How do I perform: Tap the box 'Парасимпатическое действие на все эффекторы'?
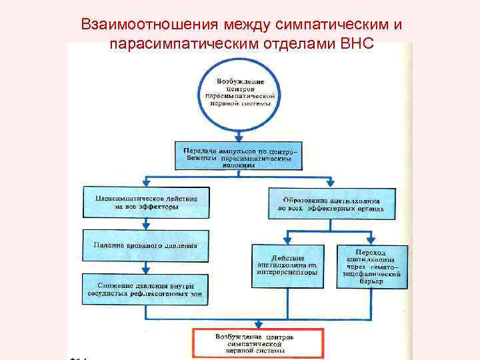(145, 202)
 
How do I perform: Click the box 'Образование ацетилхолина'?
(331, 203)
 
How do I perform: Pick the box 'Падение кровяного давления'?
(146, 245)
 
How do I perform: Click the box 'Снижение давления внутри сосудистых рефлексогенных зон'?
(146, 289)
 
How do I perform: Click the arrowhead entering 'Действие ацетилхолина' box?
(287, 241)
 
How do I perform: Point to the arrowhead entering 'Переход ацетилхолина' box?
(371, 241)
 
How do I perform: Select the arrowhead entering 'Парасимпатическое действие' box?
(145, 183)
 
